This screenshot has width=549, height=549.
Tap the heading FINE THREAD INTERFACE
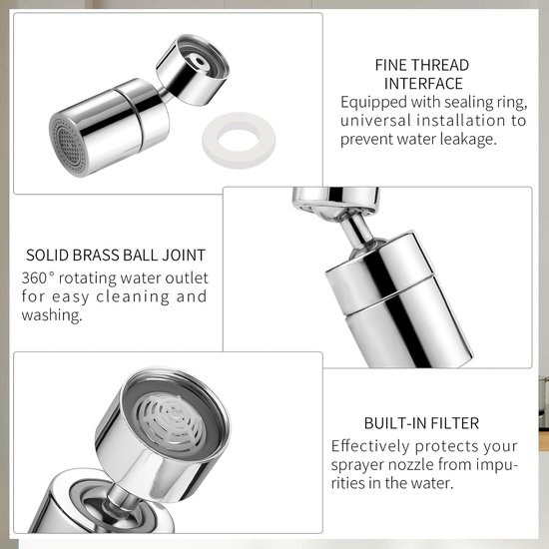click(x=422, y=74)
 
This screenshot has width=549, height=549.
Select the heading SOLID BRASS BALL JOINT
click(x=116, y=255)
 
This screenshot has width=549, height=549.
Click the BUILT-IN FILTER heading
click(x=421, y=423)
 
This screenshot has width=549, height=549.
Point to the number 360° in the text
click(x=38, y=278)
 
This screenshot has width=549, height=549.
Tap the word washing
click(x=52, y=314)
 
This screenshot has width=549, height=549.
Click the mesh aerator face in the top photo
click(x=68, y=147)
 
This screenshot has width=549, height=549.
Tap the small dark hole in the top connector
click(x=200, y=61)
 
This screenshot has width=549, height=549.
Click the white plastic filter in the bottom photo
click(x=170, y=421)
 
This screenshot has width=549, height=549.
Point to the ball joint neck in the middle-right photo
click(x=356, y=229)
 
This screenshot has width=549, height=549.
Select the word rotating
click(x=88, y=278)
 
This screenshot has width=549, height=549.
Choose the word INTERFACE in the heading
click(x=423, y=84)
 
